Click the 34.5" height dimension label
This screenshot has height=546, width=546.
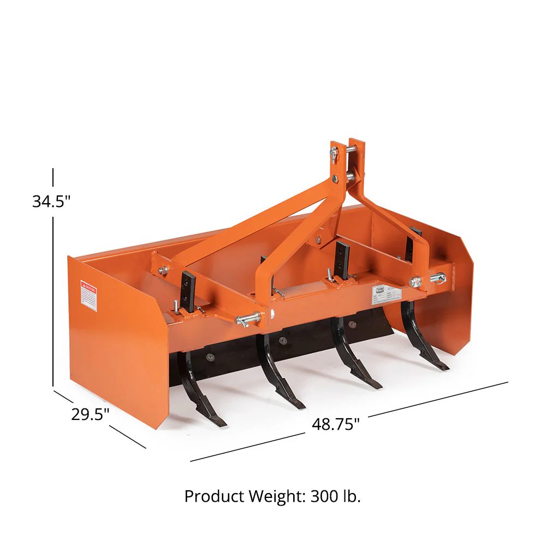[x=51, y=201]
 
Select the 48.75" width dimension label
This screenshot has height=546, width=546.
[x=336, y=424]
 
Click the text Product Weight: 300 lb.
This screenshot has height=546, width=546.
[x=272, y=496]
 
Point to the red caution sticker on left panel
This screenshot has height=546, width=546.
[x=88, y=295]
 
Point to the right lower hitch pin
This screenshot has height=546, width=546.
[x=437, y=278]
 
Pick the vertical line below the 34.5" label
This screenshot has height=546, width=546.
[x=53, y=300]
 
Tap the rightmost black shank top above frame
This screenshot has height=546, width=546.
[x=414, y=240]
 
